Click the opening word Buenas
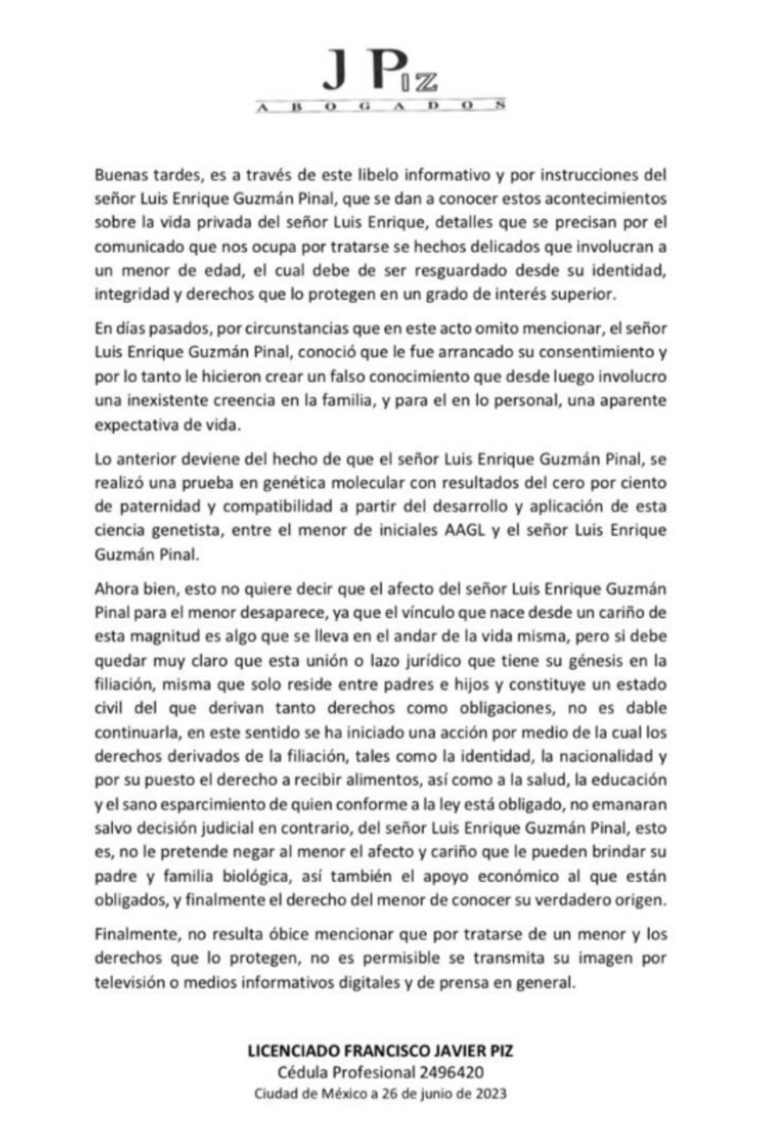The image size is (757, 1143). click(119, 174)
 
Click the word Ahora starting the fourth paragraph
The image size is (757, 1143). click(114, 589)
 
